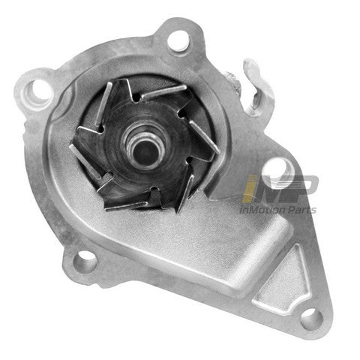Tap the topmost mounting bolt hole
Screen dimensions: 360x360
(x=178, y=40)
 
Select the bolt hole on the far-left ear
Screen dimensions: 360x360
(x=40, y=91)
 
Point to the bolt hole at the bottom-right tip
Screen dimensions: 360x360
(x=311, y=319)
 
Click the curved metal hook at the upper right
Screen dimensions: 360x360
(x=257, y=85)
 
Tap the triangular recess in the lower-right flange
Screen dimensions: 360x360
(x=283, y=280)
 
